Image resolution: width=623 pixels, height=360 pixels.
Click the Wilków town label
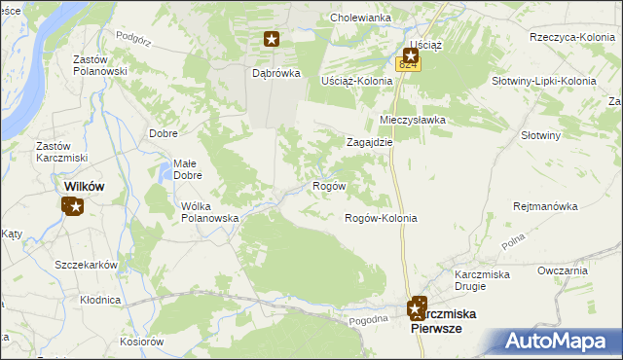(84, 186)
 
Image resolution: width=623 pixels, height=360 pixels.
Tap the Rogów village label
(327, 186)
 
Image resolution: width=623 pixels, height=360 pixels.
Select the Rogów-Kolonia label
(382, 218)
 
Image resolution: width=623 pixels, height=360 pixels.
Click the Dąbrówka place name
(275, 73)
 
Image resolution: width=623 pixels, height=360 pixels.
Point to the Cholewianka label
(360, 18)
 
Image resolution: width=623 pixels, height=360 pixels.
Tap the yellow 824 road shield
(407, 64)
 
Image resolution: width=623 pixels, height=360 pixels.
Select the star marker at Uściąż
(412, 56)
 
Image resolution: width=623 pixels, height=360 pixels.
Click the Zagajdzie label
(370, 141)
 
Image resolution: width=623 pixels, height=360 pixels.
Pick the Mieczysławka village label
(412, 120)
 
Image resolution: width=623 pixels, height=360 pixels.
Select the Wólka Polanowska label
(210, 212)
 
